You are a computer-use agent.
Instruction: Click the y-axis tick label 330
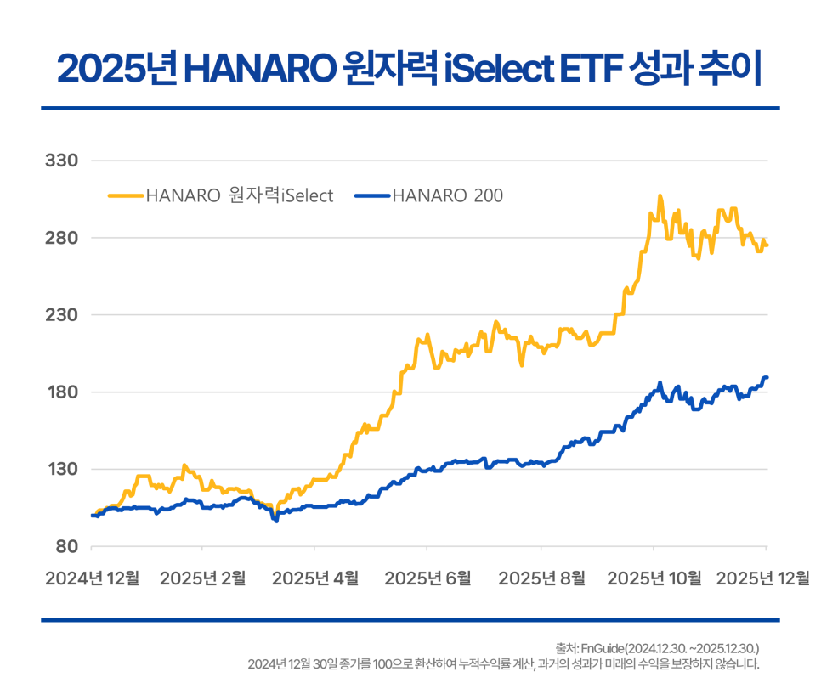60,161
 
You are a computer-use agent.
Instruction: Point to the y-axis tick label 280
60,238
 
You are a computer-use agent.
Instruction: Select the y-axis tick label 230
60,315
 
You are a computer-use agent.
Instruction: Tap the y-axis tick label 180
60,392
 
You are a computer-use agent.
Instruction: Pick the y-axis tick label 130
60,470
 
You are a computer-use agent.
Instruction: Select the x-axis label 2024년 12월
91,578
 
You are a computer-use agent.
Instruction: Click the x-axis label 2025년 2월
202,578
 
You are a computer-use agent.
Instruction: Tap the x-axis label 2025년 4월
314,578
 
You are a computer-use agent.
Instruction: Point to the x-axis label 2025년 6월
427,578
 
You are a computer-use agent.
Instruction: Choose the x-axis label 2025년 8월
541,578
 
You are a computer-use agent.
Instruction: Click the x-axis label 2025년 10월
654,578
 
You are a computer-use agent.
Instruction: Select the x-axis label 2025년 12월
762,578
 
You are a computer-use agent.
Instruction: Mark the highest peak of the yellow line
660,197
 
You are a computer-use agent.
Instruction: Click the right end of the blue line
766,377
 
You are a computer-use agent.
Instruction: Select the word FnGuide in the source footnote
599,648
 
